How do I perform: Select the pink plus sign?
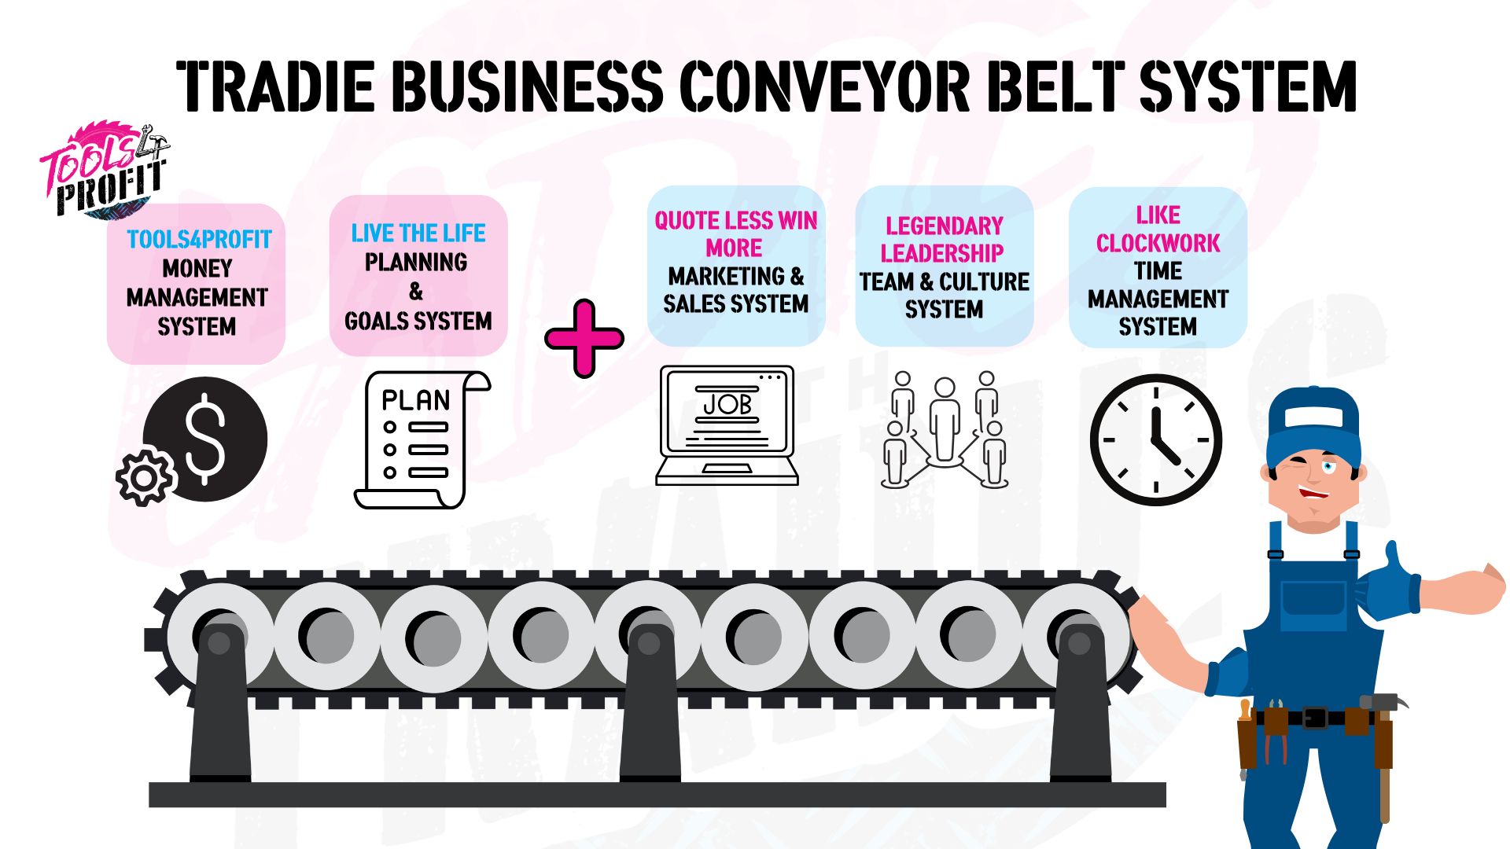point(584,339)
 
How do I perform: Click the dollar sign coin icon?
point(206,439)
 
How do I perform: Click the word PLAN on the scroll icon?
point(415,400)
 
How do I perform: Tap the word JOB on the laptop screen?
point(727,404)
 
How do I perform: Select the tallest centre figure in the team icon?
point(945,421)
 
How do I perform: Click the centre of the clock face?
point(1155,439)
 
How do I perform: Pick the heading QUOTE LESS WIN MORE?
point(735,234)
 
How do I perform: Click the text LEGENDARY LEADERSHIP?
point(944,239)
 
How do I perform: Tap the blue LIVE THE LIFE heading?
point(418,233)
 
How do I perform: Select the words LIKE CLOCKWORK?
point(1158,229)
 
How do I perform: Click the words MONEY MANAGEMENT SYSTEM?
point(197,297)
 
